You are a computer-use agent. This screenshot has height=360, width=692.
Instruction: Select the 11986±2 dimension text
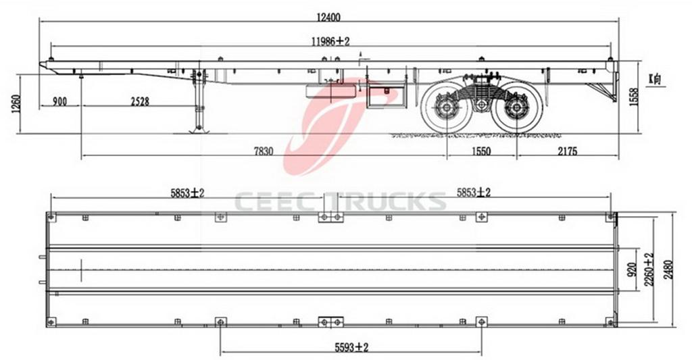[330, 41]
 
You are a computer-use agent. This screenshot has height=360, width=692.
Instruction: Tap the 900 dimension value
[59, 101]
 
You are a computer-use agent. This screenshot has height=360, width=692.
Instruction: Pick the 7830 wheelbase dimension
[264, 151]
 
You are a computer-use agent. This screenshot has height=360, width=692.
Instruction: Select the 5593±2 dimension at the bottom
[351, 347]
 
